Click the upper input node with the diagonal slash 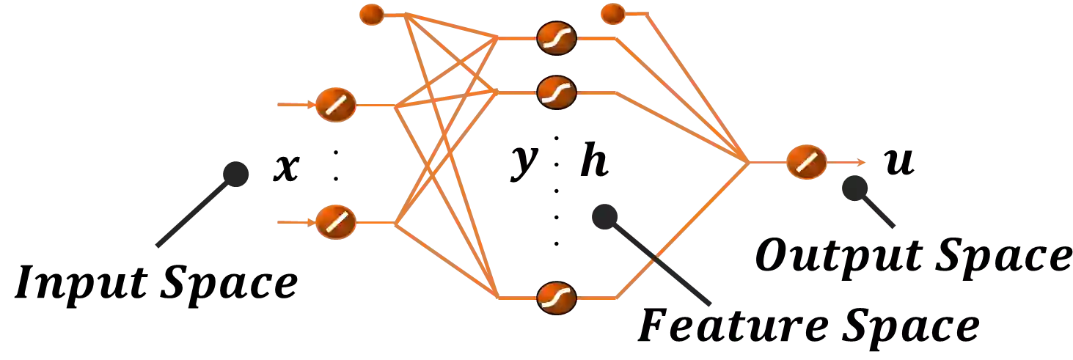[336, 106]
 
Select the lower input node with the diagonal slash [336, 221]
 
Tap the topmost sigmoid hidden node [556, 37]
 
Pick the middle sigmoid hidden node [556, 92]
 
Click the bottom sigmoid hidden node [556, 298]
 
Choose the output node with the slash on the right [807, 161]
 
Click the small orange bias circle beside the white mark [372, 14]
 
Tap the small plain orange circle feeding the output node [612, 14]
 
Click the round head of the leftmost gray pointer [237, 172]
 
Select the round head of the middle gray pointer [604, 216]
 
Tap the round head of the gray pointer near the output [854, 188]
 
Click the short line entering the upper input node [293, 106]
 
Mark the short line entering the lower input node [293, 221]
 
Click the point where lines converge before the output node [748, 161]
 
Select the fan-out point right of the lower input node [396, 222]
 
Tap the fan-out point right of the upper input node [396, 107]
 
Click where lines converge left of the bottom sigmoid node [499, 297]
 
